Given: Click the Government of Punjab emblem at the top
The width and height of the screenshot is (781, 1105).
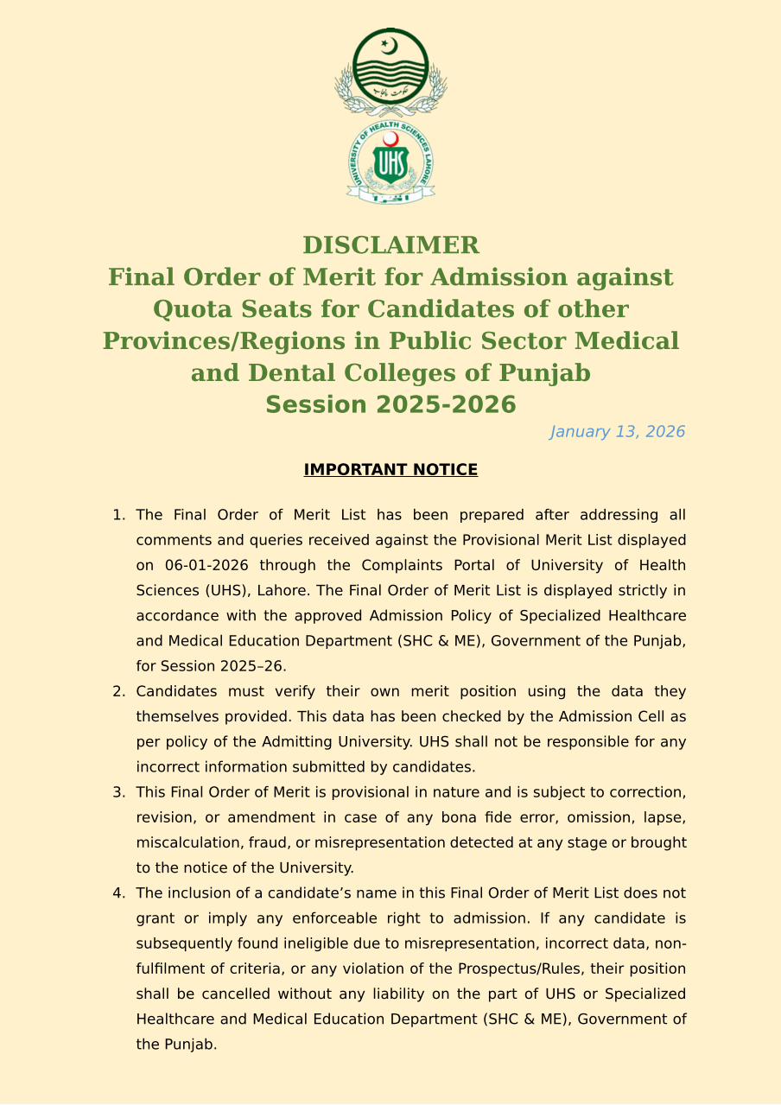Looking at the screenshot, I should pyautogui.click(x=390, y=71).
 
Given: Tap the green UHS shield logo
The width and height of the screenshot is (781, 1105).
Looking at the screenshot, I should pyautogui.click(x=390, y=162).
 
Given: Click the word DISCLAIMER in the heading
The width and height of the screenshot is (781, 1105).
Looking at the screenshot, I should pyautogui.click(x=390, y=245).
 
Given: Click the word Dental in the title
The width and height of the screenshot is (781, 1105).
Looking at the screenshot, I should pyautogui.click(x=289, y=373).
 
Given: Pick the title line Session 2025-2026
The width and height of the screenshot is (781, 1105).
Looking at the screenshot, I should pyautogui.click(x=390, y=405).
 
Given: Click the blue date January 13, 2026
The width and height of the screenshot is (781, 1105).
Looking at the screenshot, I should pyautogui.click(x=617, y=432).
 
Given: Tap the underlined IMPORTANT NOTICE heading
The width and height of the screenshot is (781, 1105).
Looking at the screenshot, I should pyautogui.click(x=390, y=470).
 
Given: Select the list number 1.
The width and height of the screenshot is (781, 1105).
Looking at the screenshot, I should pyautogui.click(x=118, y=516).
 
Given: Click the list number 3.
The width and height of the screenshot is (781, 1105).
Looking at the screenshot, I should pyautogui.click(x=118, y=793).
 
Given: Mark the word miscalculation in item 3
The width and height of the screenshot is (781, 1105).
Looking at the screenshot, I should pyautogui.click(x=188, y=843).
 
